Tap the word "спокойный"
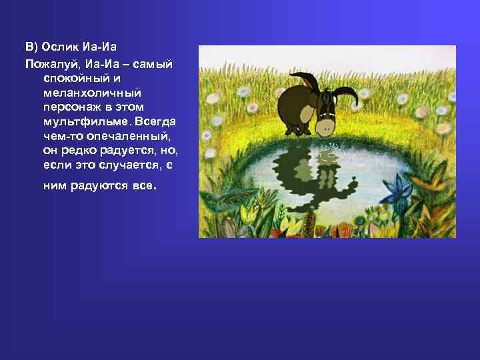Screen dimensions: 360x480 [x=72, y=78]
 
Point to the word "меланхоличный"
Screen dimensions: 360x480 [x=82, y=93]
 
